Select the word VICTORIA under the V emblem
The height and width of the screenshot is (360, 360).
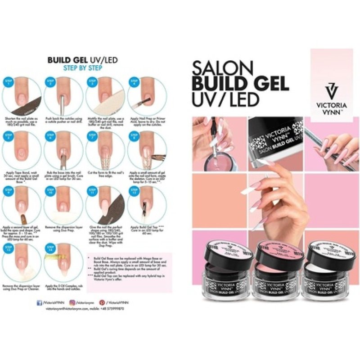[333, 102]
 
